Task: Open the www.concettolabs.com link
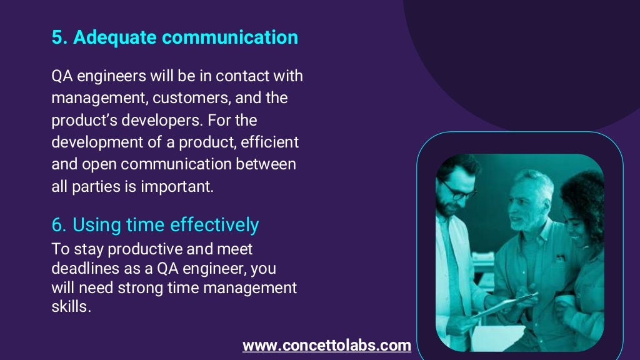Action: (326, 345)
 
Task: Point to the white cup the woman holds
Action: (566, 301)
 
